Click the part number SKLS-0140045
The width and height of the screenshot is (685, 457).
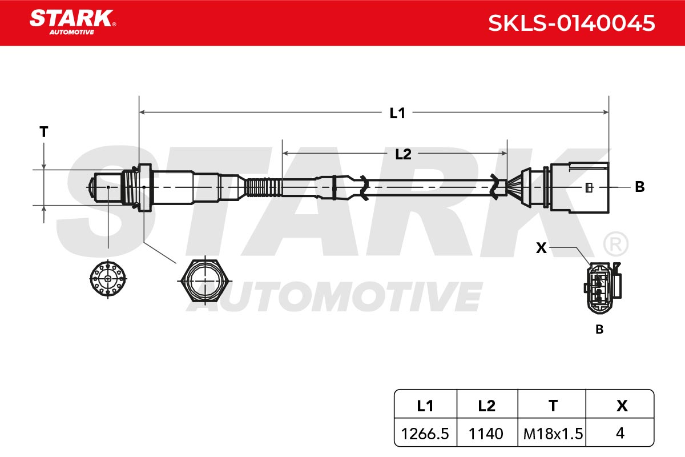click(571, 23)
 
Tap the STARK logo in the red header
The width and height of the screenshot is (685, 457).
click(73, 22)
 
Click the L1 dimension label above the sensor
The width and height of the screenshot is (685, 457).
click(397, 113)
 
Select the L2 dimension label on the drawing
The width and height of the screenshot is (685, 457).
click(403, 154)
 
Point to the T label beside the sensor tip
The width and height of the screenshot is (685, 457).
click(44, 132)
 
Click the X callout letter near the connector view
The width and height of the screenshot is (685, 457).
click(541, 247)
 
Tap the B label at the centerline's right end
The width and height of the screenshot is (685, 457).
click(640, 187)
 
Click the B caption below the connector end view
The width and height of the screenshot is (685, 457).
click(599, 330)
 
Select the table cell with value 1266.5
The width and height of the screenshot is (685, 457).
click(425, 434)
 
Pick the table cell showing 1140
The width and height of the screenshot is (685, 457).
click(486, 434)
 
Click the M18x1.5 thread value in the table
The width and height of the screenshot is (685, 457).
click(553, 434)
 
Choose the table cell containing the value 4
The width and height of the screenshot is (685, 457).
click(620, 433)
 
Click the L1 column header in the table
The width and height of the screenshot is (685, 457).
click(425, 406)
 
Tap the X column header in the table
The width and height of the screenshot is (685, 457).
click(622, 406)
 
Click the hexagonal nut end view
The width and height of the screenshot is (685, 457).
click(205, 280)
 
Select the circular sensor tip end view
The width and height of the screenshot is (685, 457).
click(108, 279)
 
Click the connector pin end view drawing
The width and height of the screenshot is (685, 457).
click(603, 288)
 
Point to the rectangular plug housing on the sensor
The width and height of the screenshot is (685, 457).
click(579, 187)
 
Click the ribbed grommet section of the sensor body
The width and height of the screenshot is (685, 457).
click(264, 187)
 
